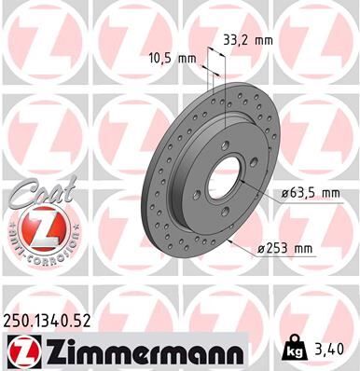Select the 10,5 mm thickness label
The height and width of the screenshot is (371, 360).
[x=173, y=58]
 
